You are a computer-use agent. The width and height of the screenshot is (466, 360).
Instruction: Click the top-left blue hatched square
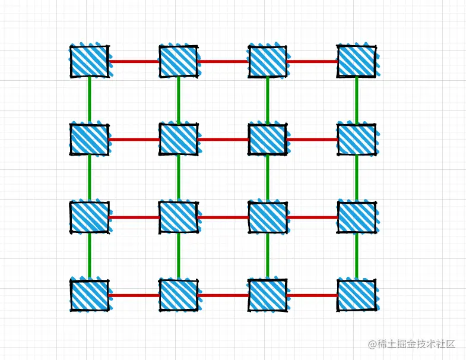coord(89,61)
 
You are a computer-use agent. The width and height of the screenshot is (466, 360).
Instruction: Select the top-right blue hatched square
coord(356,61)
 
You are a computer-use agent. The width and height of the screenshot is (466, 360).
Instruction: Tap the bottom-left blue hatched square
coord(89,295)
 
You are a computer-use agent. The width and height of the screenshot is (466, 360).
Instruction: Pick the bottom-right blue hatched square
coord(356,295)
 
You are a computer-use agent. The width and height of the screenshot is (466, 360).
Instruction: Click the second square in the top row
coord(178,61)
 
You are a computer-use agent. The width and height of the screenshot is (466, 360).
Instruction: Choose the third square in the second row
coord(267,140)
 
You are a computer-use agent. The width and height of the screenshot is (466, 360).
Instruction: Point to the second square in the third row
coord(178,217)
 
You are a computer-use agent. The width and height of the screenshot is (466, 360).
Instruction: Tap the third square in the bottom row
coord(267,295)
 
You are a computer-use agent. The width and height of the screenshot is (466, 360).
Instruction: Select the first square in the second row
coord(89,140)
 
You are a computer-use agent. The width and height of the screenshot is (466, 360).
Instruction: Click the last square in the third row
coord(356,217)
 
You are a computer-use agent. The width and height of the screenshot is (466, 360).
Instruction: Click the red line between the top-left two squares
coord(134,61)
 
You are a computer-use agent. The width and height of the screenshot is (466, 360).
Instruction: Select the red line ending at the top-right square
coord(312,61)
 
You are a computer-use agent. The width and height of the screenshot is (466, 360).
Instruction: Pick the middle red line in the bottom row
coord(223,295)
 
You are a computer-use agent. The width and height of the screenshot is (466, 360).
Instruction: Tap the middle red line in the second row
coord(223,140)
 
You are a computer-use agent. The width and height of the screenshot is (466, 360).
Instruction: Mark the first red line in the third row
coord(134,217)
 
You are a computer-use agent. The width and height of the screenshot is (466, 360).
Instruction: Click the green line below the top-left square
coord(90,100)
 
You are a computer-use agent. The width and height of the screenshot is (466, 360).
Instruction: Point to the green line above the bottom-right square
coord(357,256)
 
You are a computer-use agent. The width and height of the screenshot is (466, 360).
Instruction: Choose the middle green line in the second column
coord(179,178)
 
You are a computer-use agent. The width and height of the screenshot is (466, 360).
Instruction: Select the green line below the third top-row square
coord(268,100)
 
